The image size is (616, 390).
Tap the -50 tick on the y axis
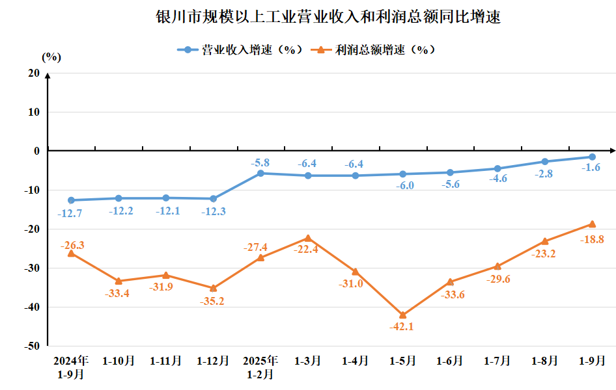coord(31,346)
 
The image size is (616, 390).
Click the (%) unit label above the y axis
coord(51,57)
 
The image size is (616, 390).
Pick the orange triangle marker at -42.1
coord(402,315)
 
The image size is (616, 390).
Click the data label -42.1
coord(402,327)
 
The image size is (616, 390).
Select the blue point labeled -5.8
coord(260,174)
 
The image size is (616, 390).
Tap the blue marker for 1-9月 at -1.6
coord(592,157)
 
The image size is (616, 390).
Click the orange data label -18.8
coord(591,239)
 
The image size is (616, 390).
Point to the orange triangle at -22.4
coord(307,238)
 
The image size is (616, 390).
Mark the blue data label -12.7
coord(70,213)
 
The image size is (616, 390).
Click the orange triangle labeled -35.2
coord(213,288)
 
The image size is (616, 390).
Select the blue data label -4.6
coord(497,179)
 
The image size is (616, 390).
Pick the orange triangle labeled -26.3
coord(71,253)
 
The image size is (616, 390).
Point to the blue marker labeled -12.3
coord(213,199)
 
